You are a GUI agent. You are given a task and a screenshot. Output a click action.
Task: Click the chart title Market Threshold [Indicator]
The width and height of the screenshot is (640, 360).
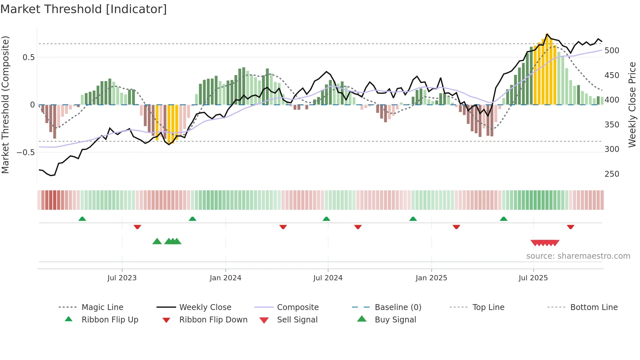[x=84, y=9]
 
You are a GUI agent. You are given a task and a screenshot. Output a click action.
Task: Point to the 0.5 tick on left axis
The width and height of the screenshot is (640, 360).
[x=28, y=57]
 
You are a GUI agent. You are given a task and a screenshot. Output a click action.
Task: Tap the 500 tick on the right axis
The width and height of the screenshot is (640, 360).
[x=612, y=51]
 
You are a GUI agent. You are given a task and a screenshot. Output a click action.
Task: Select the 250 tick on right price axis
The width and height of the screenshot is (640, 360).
[x=612, y=174]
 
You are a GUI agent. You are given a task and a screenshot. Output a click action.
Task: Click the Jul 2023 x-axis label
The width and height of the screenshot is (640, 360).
[x=122, y=278]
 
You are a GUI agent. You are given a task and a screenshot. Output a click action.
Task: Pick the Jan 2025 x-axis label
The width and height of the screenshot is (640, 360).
[x=431, y=278]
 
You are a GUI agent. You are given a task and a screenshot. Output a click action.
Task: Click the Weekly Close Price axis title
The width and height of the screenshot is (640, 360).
[x=632, y=105]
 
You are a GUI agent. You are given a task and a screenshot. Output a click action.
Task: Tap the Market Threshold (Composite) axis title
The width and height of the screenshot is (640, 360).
[x=5, y=105]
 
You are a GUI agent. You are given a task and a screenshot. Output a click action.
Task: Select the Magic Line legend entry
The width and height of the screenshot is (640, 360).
[x=102, y=307]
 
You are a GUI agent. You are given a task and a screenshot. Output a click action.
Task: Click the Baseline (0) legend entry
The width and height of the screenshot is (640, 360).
[x=398, y=307]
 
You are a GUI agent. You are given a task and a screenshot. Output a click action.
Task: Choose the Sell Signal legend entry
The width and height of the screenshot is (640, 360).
[x=297, y=320]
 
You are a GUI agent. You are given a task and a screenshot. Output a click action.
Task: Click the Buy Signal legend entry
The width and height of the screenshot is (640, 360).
[x=395, y=320]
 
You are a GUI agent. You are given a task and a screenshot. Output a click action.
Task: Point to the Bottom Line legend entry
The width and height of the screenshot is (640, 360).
[x=594, y=307]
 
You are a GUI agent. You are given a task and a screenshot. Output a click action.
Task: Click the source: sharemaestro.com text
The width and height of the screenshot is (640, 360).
[x=578, y=256]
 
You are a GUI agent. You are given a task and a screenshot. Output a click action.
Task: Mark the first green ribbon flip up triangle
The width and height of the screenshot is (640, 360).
[x=82, y=219]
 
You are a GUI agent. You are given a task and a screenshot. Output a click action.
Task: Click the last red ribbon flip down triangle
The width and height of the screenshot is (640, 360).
[x=570, y=227]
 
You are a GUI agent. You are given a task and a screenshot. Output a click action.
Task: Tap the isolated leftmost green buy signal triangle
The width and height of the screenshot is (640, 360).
[x=157, y=241]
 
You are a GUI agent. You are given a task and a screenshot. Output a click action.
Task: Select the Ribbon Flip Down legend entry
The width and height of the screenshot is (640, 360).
[x=213, y=320]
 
